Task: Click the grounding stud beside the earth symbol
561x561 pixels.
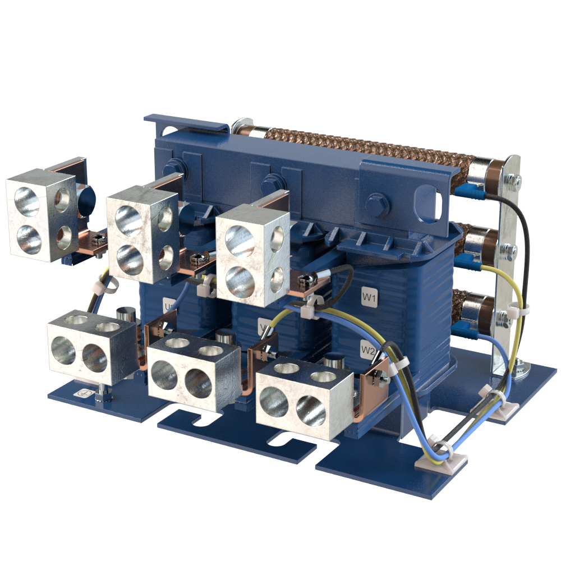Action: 99,392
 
